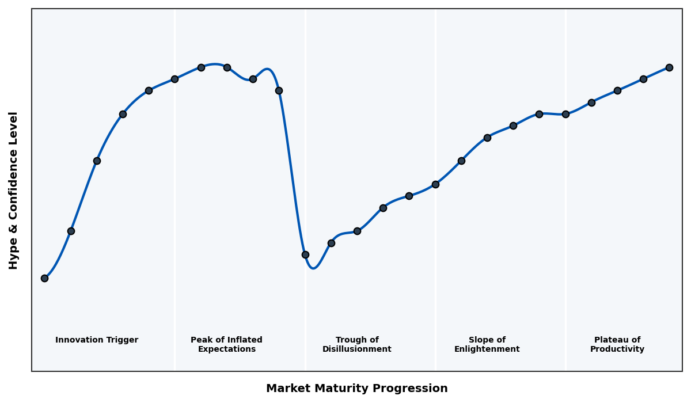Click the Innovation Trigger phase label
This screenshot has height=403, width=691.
97,340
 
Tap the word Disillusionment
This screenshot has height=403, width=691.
356,349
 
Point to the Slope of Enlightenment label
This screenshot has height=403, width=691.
487,345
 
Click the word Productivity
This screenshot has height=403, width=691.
617,349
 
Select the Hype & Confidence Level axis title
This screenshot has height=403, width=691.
14,190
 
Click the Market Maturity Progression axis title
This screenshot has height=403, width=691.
356,389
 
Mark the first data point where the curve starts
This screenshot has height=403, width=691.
44,278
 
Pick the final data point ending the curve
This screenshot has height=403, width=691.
669,67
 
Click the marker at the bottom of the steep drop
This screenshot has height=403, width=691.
305,254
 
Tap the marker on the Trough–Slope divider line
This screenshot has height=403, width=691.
435,184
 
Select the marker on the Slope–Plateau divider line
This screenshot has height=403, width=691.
565,114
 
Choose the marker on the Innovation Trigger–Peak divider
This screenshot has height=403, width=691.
174,79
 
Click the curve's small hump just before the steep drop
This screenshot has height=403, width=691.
267,69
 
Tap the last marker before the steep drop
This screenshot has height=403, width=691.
279,90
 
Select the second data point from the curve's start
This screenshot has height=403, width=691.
71,231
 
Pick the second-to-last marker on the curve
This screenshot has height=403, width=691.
643,79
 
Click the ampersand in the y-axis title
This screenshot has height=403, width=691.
14,229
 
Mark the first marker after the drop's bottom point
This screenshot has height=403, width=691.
331,243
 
